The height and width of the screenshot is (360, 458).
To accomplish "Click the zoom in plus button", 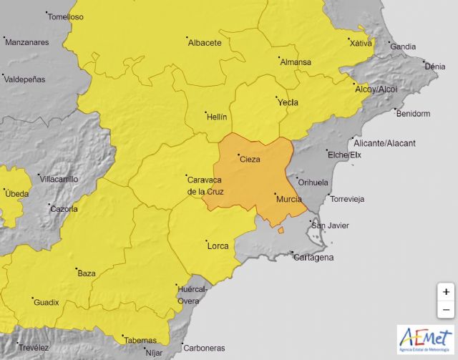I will (x=446, y=292).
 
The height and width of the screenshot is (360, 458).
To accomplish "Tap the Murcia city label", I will (x=288, y=199).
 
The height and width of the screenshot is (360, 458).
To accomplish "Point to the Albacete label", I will (x=204, y=43).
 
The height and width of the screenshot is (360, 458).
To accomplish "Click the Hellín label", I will (x=216, y=115).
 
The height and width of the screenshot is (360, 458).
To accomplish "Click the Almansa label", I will (x=295, y=62).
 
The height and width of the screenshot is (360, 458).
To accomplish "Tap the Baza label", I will (x=86, y=273).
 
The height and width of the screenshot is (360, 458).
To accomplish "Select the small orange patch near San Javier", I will (x=282, y=230).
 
